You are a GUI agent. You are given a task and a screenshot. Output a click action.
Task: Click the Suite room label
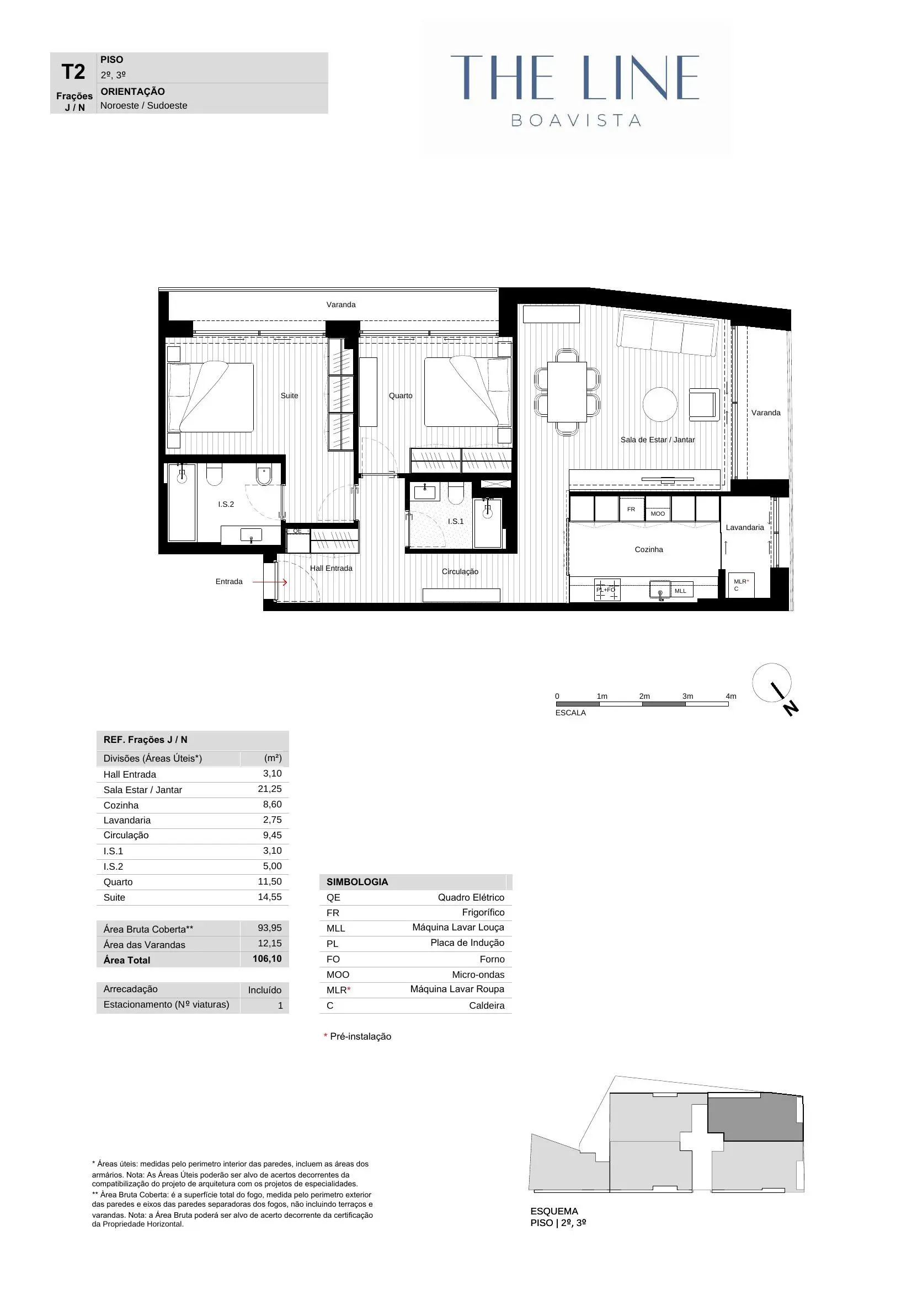[x=290, y=395]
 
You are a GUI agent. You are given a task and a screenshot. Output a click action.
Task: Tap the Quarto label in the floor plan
[x=400, y=395]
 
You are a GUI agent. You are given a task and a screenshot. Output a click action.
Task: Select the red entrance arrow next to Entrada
[x=270, y=582]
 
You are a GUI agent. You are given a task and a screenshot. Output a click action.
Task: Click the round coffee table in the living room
[x=660, y=404]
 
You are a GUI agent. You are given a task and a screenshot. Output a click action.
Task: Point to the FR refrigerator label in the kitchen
[x=631, y=509]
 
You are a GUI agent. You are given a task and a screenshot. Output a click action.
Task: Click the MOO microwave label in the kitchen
[x=658, y=513]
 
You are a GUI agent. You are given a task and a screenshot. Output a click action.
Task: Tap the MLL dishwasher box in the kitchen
[x=680, y=591]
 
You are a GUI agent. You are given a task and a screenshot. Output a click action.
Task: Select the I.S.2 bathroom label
[x=226, y=504]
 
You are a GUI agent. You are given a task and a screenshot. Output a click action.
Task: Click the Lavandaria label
[x=744, y=527]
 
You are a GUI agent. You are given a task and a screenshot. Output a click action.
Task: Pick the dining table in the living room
[x=567, y=392]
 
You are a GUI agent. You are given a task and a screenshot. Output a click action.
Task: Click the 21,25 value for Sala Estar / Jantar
[x=270, y=789]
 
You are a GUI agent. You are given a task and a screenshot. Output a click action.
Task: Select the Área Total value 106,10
[x=267, y=959]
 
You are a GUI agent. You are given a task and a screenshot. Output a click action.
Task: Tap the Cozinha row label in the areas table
[x=121, y=805]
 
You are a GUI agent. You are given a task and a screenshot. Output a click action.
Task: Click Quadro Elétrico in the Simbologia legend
[x=471, y=897]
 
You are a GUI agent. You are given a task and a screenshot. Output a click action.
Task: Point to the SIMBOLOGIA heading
[x=358, y=881]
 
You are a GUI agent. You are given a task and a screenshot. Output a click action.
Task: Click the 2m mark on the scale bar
[x=644, y=696]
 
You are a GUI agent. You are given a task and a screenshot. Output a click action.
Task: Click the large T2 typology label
[x=73, y=72]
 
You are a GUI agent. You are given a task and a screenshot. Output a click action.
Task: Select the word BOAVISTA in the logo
[x=576, y=120]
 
